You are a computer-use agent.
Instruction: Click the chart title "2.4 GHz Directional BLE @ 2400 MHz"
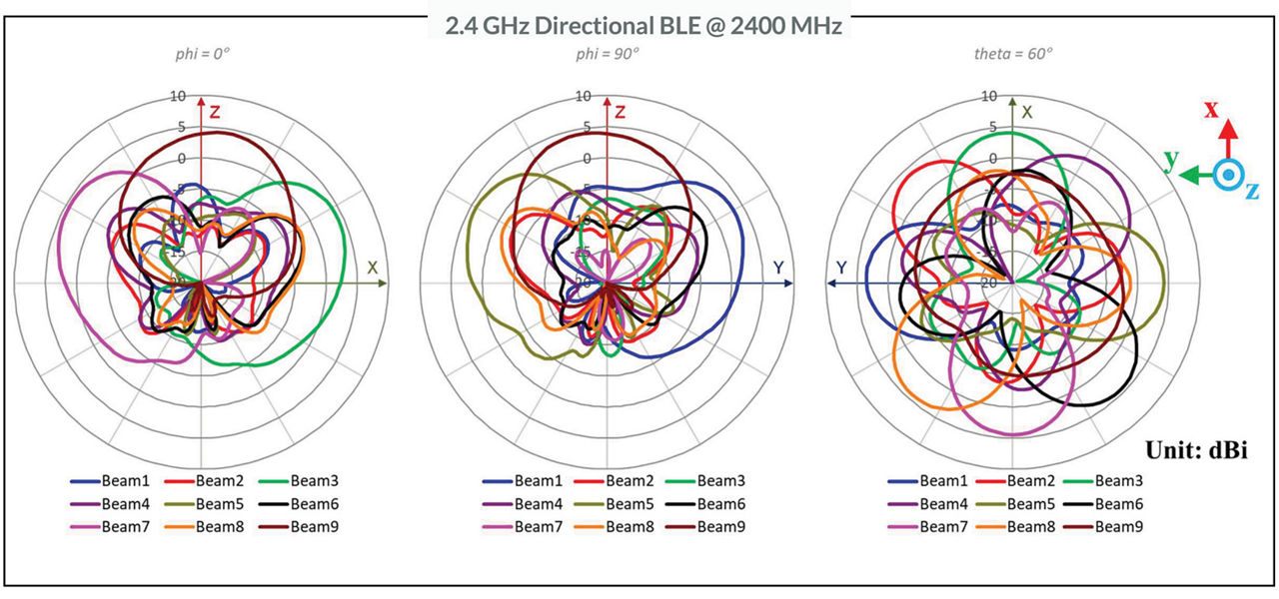tap(639, 25)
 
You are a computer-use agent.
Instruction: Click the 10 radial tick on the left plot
tap(179, 96)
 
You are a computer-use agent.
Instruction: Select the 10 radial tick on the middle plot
tap(584, 96)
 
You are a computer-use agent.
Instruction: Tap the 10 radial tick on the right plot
tap(989, 96)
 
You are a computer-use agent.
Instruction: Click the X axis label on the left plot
tap(372, 268)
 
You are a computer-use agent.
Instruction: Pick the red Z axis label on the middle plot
tap(620, 112)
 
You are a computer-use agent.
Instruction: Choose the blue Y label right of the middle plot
tap(777, 268)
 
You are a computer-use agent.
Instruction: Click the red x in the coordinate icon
tap(1211, 109)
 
